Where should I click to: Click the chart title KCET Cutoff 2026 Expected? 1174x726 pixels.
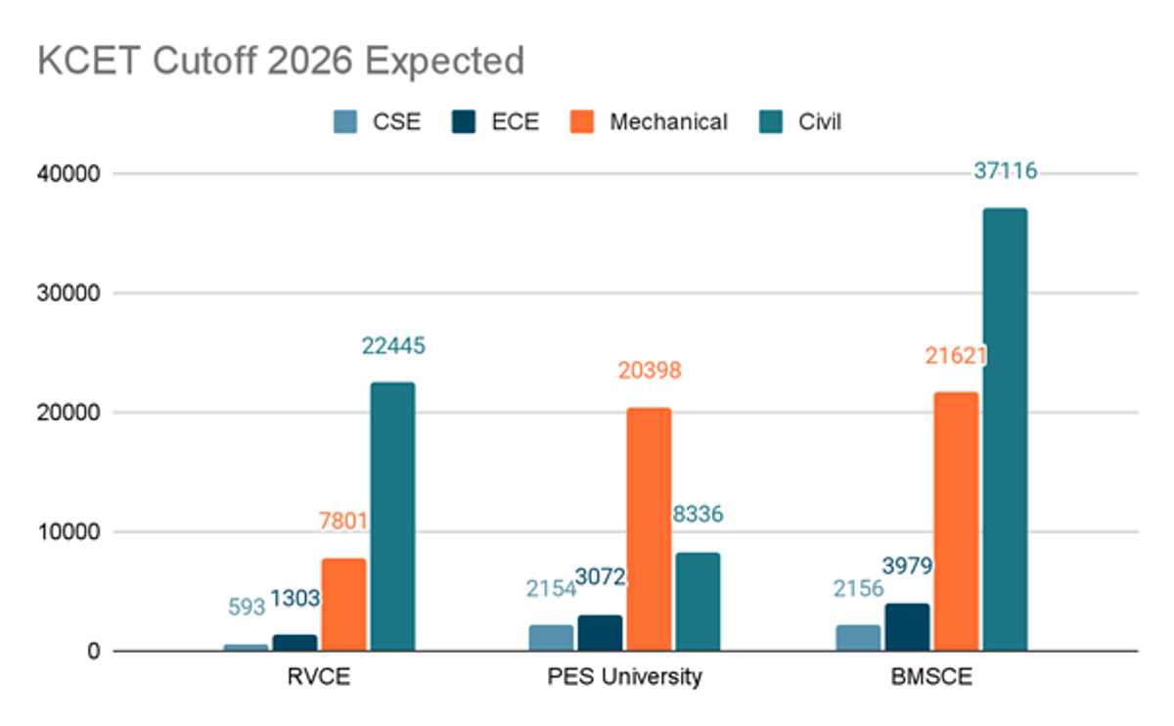(x=281, y=62)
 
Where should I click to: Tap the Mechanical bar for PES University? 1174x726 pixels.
(x=649, y=528)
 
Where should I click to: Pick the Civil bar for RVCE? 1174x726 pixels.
(x=392, y=516)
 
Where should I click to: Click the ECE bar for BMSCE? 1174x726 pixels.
(x=906, y=626)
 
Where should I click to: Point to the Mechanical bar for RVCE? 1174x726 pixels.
(x=343, y=604)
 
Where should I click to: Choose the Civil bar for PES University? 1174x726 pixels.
(x=698, y=601)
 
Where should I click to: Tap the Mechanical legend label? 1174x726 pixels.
(x=668, y=122)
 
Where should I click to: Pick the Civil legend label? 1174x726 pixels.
(x=819, y=122)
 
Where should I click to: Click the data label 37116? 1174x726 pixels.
(x=1005, y=171)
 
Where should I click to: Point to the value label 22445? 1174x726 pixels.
(x=393, y=345)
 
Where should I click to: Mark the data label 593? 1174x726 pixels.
(x=247, y=607)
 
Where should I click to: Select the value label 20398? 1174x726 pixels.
(x=649, y=371)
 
